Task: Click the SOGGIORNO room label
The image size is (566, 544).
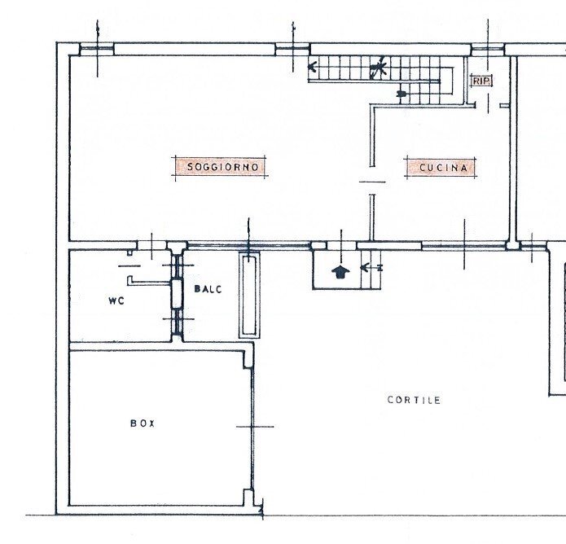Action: pos(222,167)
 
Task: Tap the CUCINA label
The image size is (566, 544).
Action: pos(443,168)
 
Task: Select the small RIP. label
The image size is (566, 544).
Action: pos(480,81)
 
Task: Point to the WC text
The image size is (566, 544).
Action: pos(116,301)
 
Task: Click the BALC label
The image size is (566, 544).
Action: pos(208,289)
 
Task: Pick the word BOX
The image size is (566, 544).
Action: pos(143,423)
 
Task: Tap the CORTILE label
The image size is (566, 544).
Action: pos(414,400)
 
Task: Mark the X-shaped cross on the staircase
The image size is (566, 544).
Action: pos(377,68)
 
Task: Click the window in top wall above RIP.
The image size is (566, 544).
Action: pos(487,50)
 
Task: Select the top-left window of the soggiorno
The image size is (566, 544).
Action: pos(96,50)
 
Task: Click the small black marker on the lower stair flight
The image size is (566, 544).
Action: pos(401,94)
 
